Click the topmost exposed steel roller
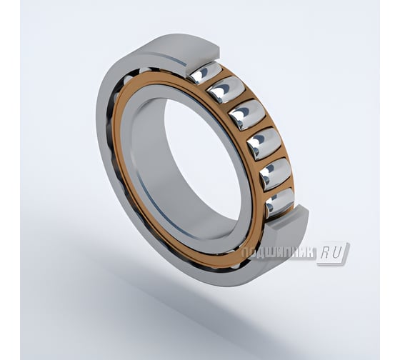click(206, 72)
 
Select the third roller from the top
click(246, 114)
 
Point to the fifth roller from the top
click(274, 174)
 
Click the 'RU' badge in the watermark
click(333, 253)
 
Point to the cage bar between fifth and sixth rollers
click(278, 188)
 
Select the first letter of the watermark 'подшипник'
click(245, 253)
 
